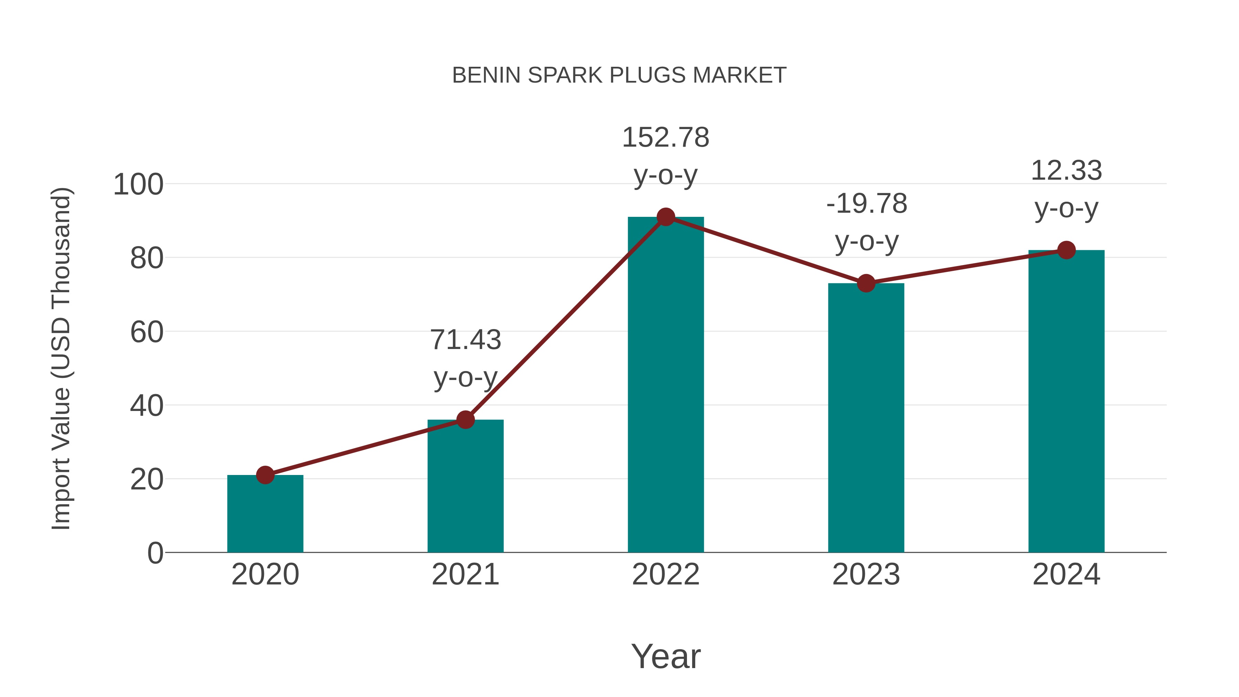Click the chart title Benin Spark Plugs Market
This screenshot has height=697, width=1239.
coord(619,75)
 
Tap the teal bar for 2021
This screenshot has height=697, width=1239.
coord(465,486)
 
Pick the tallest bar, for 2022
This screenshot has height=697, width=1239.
coord(666,385)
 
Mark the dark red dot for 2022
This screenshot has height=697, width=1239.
coord(666,217)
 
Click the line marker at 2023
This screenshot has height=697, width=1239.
coord(866,283)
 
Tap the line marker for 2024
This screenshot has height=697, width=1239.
coord(1066,250)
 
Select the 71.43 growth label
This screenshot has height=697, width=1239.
coord(465,340)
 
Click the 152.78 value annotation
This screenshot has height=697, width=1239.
coord(666,138)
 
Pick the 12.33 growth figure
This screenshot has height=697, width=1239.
coord(1066,171)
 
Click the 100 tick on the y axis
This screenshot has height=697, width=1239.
coord(138,185)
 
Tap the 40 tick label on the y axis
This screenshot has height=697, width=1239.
coord(147,406)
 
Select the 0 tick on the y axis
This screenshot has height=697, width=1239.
coord(155,553)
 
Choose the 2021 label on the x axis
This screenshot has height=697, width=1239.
coord(465,574)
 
